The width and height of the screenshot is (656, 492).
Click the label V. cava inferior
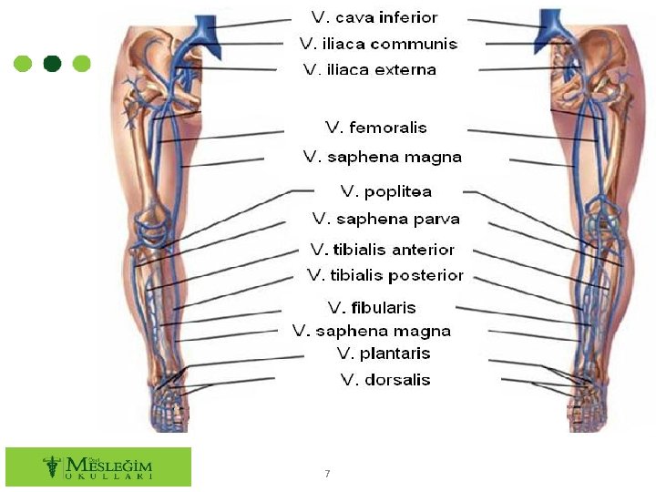pyautogui.click(x=374, y=17)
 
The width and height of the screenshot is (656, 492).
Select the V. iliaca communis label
pyautogui.click(x=379, y=44)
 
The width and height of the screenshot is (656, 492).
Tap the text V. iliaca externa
pyautogui.click(x=370, y=69)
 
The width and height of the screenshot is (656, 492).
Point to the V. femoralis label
pyautogui.click(x=375, y=128)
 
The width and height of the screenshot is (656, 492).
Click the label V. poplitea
pyautogui.click(x=385, y=191)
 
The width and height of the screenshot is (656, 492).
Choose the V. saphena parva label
pyautogui.click(x=385, y=219)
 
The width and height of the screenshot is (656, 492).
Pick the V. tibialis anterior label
pyautogui.click(x=383, y=250)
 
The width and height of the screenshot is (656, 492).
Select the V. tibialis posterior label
pyautogui.click(x=385, y=275)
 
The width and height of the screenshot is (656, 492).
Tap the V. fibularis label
pyautogui.click(x=372, y=308)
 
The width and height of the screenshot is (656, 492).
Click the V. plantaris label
pyautogui.click(x=384, y=354)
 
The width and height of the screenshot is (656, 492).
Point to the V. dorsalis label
pyautogui.click(x=385, y=380)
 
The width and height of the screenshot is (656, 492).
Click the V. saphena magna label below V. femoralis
pyautogui.click(x=383, y=157)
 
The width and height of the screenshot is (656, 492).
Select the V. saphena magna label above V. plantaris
pyautogui.click(x=372, y=331)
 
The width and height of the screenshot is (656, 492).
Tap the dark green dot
pyautogui.click(x=52, y=64)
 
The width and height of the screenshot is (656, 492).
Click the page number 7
pyautogui.click(x=327, y=474)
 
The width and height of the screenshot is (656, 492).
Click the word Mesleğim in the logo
pyautogui.click(x=108, y=465)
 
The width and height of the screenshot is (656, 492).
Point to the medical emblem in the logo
pyautogui.click(x=52, y=466)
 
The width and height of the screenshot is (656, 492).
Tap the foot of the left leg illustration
pyautogui.click(x=169, y=408)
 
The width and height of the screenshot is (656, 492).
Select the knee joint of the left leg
pyautogui.click(x=153, y=228)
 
